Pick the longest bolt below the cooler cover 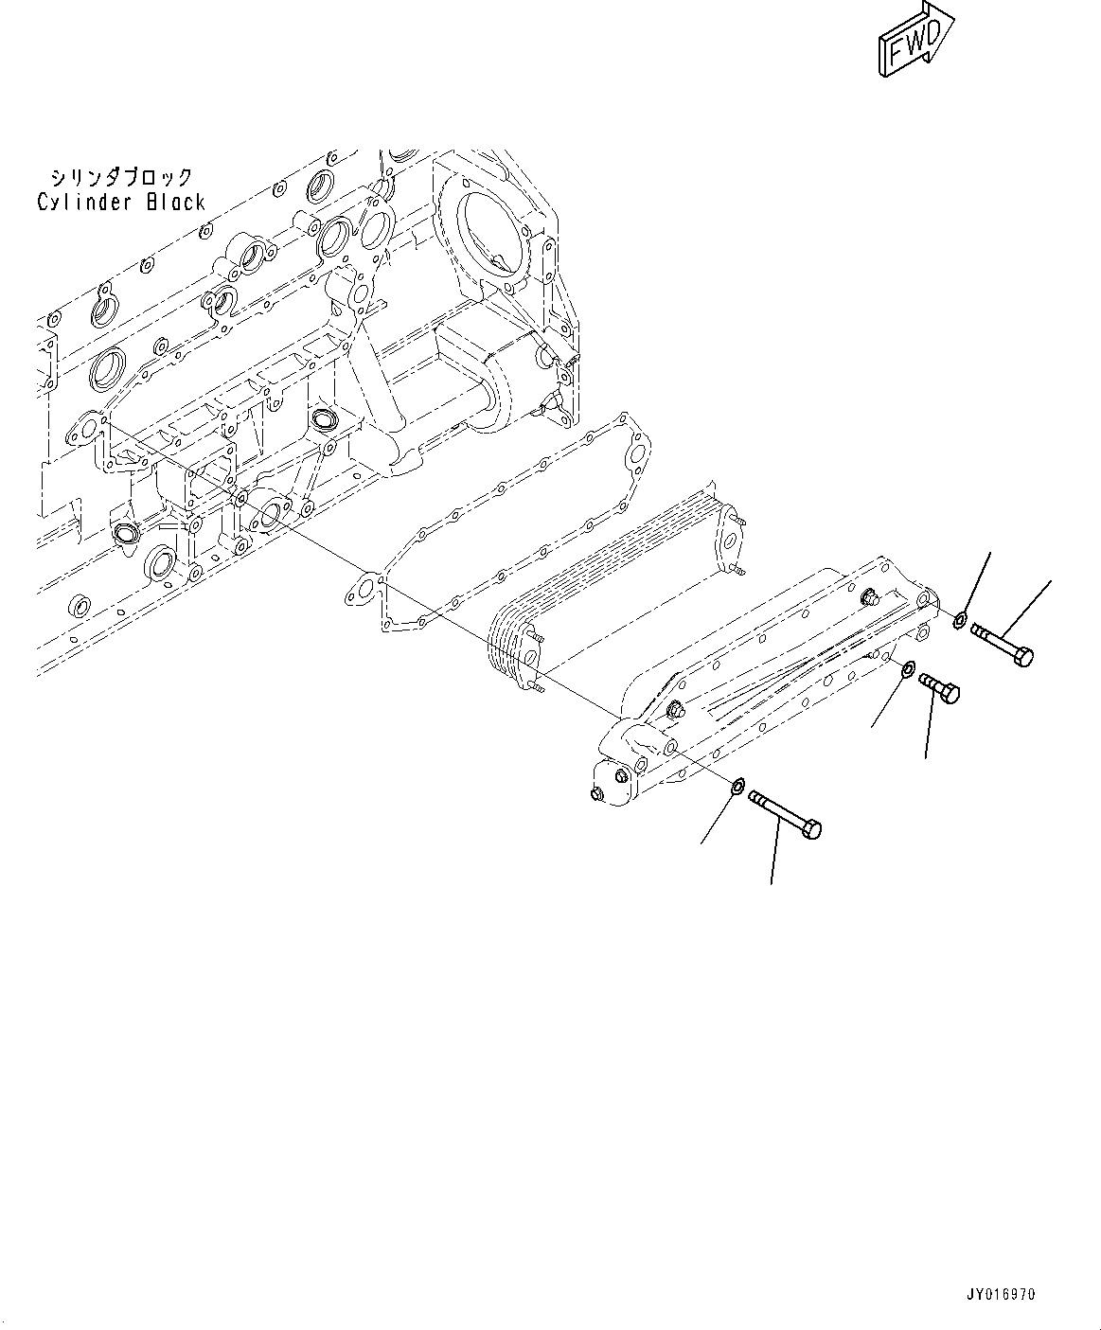click(785, 813)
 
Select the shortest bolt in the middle click(939, 686)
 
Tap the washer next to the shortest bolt click(906, 669)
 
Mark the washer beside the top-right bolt click(961, 621)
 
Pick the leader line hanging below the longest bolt click(774, 852)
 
